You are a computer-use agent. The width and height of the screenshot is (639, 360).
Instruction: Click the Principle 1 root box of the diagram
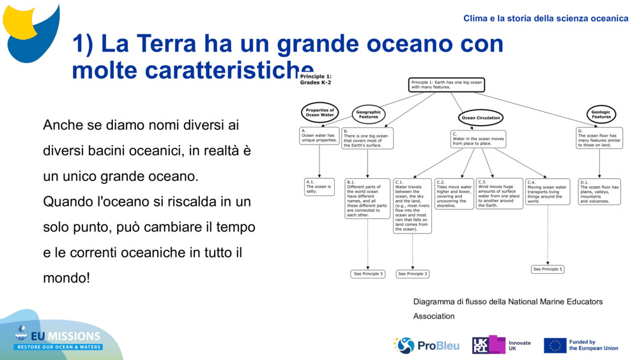pyautogui.click(x=446, y=85)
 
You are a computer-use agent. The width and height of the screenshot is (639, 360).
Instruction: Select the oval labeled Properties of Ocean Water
pyautogui.click(x=319, y=113)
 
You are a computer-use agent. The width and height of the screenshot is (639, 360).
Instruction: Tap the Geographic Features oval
pyautogui.click(x=368, y=114)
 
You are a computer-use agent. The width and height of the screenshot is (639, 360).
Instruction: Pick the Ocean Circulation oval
pyautogui.click(x=481, y=118)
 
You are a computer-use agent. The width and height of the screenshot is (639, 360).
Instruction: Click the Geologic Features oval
pyautogui.click(x=601, y=114)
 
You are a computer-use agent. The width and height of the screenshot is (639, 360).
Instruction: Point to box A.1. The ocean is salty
pyautogui.click(x=319, y=187)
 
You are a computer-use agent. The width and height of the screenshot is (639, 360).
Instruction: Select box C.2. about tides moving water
pyautogui.click(x=454, y=194)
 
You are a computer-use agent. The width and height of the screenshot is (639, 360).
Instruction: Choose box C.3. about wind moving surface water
pyautogui.click(x=499, y=194)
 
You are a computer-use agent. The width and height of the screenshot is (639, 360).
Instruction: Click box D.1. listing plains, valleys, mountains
pyautogui.click(x=599, y=191)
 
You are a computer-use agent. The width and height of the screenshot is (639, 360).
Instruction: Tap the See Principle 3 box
pyautogui.click(x=412, y=274)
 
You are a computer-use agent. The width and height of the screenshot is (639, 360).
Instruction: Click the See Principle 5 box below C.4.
pyautogui.click(x=548, y=269)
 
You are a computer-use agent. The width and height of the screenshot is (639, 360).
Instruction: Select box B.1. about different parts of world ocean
pyautogui.click(x=367, y=198)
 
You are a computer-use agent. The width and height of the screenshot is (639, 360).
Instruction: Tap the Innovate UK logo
pyautogui.click(x=501, y=345)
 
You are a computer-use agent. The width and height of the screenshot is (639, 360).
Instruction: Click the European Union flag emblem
pyautogui.click(x=555, y=345)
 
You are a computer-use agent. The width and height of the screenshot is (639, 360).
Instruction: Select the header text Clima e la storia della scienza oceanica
pyautogui.click(x=546, y=19)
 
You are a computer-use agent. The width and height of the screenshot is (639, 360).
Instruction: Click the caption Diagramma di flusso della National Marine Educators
pyautogui.click(x=507, y=301)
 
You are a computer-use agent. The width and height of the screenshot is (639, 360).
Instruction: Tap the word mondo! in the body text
pyautogui.click(x=66, y=278)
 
